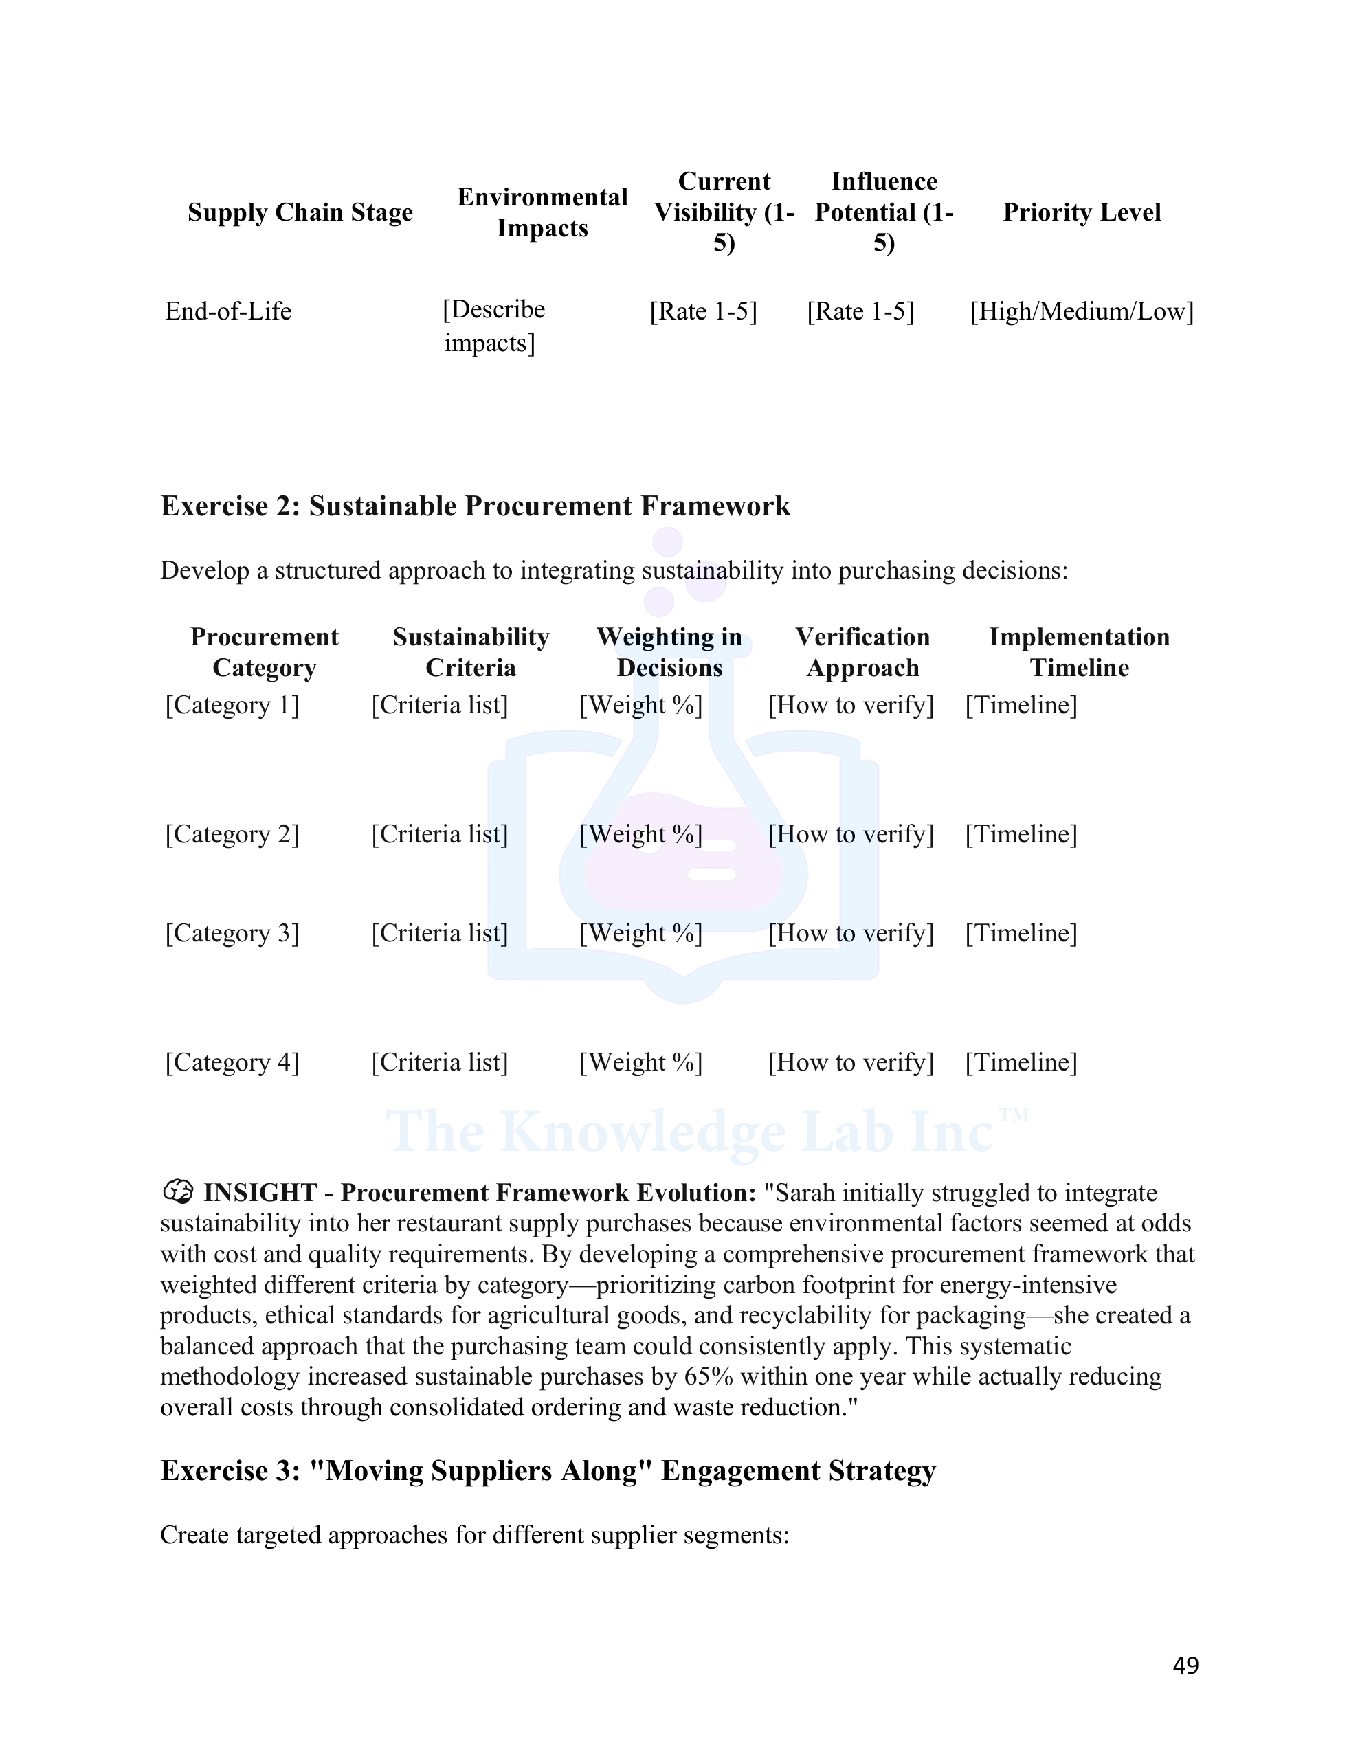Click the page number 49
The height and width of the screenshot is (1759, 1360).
pyautogui.click(x=1185, y=1665)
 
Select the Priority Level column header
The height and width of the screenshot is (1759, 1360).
pyautogui.click(x=1081, y=212)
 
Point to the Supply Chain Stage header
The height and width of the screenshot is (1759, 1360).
pyautogui.click(x=300, y=212)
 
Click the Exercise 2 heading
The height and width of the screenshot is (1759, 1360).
pyautogui.click(x=476, y=506)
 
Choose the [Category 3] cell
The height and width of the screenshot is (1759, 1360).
pyautogui.click(x=232, y=932)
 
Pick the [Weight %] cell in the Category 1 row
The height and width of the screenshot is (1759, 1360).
pyautogui.click(x=640, y=705)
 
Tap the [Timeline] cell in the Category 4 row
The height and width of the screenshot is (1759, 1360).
pyautogui.click(x=1021, y=1062)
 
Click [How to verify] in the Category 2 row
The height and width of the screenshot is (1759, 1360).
pyautogui.click(x=851, y=833)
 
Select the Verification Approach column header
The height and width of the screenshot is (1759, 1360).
pyautogui.click(x=862, y=652)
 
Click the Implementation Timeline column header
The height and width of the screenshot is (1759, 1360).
pyautogui.click(x=1079, y=652)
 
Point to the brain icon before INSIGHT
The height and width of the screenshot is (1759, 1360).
pyautogui.click(x=177, y=1191)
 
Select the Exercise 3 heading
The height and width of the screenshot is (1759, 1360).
pyautogui.click(x=548, y=1470)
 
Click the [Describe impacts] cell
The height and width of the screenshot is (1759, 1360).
pyautogui.click(x=493, y=326)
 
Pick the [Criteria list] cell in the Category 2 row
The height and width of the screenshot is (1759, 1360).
pyautogui.click(x=439, y=833)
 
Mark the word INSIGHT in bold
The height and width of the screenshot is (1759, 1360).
pyautogui.click(x=260, y=1193)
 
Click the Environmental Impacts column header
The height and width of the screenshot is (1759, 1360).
pyautogui.click(x=542, y=212)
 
